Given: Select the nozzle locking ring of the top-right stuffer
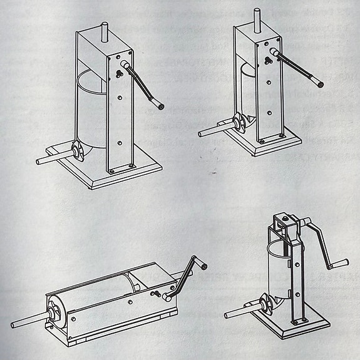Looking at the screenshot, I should click(x=238, y=124).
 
